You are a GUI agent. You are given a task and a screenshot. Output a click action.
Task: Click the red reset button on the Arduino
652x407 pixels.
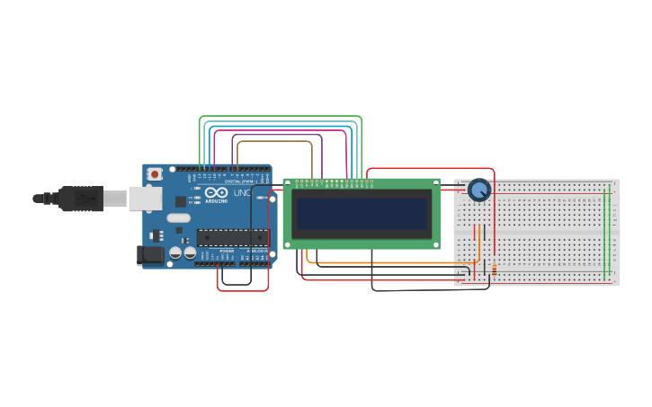tap(155, 173)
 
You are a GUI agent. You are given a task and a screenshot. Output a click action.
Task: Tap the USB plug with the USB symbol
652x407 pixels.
tap(81, 199)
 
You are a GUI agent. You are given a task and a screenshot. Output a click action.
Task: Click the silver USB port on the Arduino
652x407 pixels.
tap(144, 198)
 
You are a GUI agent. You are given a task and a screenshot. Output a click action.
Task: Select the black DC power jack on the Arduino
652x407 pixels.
tap(150, 255)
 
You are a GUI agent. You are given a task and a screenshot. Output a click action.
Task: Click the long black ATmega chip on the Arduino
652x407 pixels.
tap(232, 238)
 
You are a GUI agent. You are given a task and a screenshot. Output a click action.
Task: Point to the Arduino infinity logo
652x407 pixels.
tap(217, 192)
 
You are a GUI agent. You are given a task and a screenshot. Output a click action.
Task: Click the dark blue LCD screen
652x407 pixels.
tap(362, 214)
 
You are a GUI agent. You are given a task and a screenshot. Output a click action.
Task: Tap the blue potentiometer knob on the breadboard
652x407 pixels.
tap(479, 190)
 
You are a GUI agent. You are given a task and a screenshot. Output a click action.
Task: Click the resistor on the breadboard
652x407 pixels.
tap(494, 269)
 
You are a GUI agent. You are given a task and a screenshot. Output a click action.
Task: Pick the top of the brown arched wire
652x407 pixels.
tap(274, 141)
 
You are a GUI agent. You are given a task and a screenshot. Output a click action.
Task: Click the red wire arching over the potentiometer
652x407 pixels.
tap(432, 168)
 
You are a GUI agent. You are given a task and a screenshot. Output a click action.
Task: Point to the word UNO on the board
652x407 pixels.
tap(242, 193)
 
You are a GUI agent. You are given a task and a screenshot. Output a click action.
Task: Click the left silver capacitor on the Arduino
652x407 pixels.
tap(175, 253)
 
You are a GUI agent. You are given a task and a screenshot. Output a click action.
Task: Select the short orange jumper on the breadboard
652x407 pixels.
tap(483, 243)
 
